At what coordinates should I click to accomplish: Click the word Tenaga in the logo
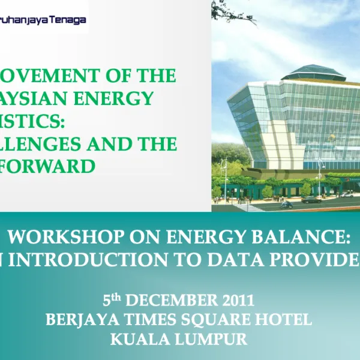(71, 20)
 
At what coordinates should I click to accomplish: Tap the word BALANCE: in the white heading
(301, 238)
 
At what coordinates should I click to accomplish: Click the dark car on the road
(311, 199)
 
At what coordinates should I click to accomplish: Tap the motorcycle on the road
(287, 204)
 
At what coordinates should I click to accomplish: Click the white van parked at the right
(346, 194)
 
